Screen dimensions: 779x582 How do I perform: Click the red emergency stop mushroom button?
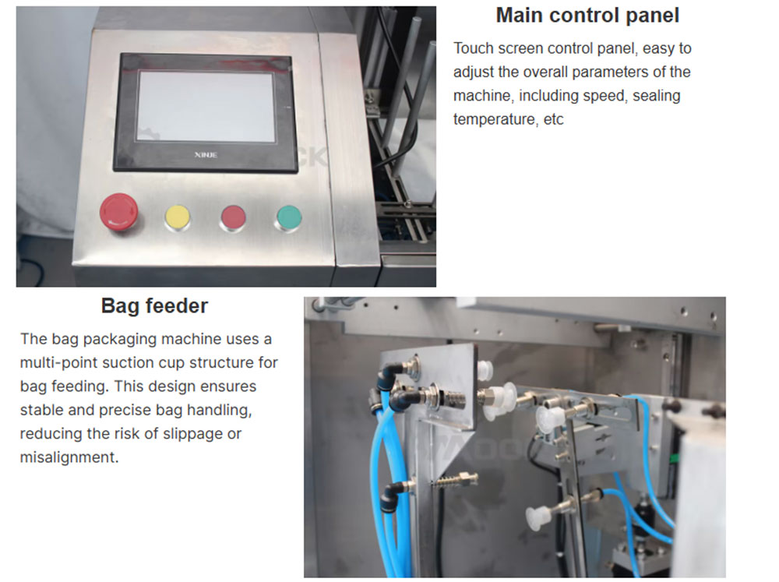point(118,212)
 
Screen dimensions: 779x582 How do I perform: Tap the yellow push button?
point(178,217)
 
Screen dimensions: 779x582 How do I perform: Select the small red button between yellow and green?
point(233,218)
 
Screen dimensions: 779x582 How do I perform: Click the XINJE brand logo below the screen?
point(206,155)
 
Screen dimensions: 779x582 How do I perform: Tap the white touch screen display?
point(206,107)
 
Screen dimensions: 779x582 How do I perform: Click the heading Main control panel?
point(587,16)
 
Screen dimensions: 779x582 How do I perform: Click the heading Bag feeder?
point(154,305)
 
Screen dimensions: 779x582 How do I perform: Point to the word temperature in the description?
point(495,119)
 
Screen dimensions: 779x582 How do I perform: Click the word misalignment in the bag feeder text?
point(69,457)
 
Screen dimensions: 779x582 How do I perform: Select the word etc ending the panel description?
point(553,120)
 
